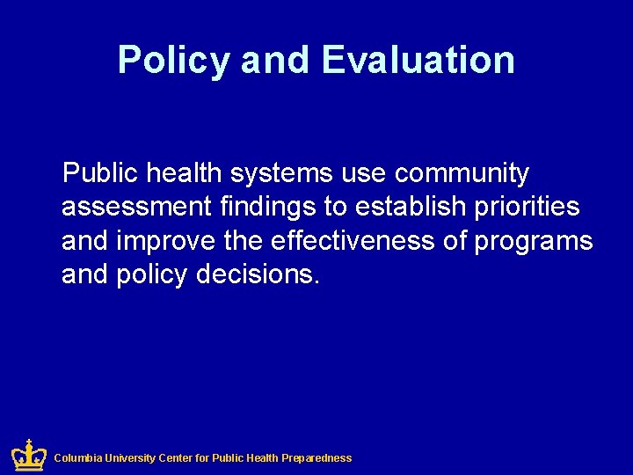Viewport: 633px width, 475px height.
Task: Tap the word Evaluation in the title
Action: (x=418, y=60)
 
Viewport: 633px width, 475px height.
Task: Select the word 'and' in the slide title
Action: (x=275, y=60)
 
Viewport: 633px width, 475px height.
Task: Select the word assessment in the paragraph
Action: (x=136, y=208)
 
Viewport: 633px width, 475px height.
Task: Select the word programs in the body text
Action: (x=534, y=241)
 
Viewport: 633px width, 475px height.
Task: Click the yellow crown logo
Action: (x=28, y=455)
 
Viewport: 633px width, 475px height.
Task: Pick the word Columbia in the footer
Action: (x=77, y=458)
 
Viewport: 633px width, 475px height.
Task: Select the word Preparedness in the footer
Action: (x=316, y=458)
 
